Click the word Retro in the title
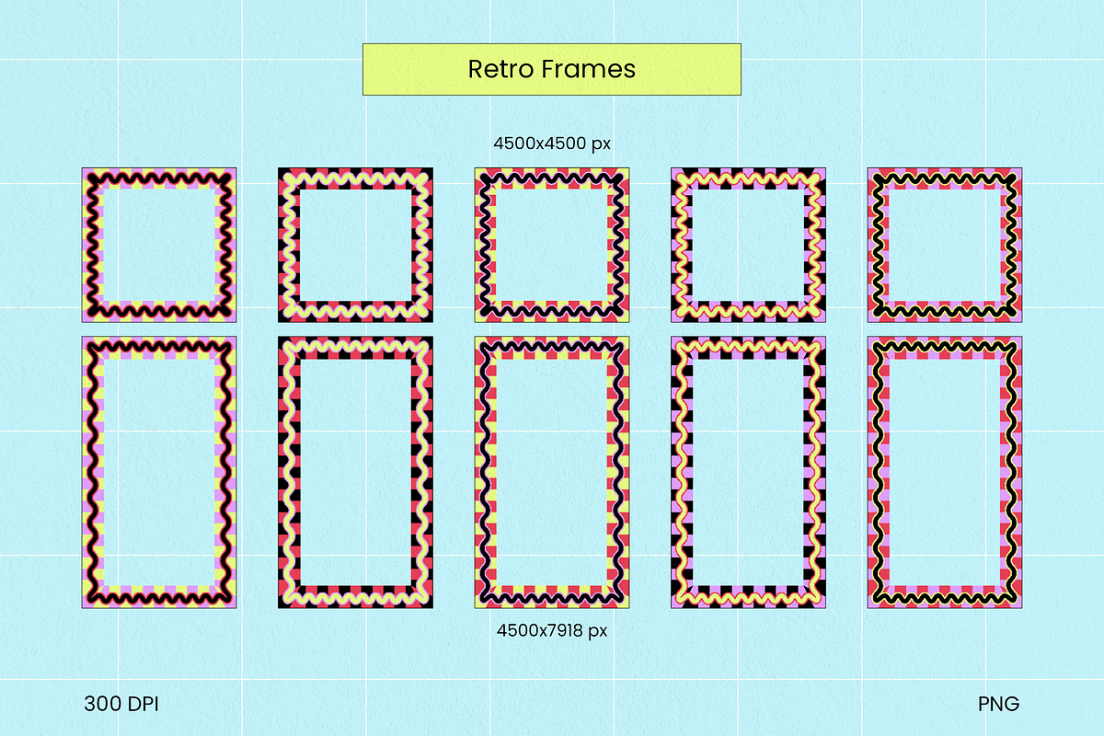tap(501, 68)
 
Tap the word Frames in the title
tap(589, 68)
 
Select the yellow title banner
tap(551, 69)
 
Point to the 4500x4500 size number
tap(539, 144)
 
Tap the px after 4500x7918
tap(598, 632)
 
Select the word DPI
tap(144, 704)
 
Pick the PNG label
tap(998, 704)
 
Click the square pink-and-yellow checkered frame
tap(159, 245)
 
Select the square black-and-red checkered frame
tap(355, 245)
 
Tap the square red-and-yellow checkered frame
tap(552, 245)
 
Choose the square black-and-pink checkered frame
tap(748, 245)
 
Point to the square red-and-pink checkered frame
tap(945, 245)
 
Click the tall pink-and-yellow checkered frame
tap(159, 472)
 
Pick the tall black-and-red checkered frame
tap(355, 472)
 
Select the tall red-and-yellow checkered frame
tap(552, 472)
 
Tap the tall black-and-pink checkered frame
tap(748, 472)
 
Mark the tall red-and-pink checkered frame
tap(945, 472)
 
